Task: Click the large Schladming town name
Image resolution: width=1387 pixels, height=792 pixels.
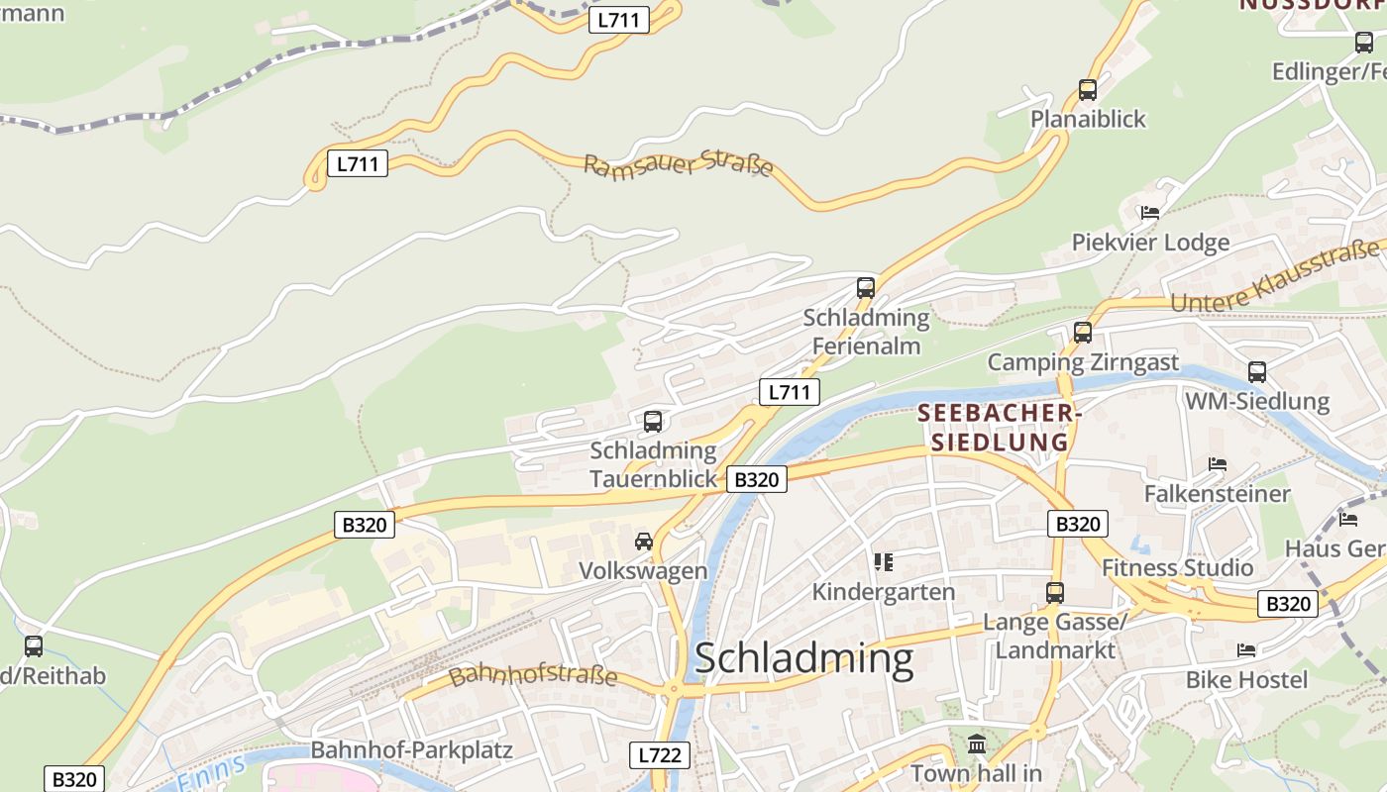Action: [x=803, y=659]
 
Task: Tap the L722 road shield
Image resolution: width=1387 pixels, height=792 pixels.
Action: [x=660, y=755]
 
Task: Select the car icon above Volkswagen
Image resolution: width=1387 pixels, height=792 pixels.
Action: [x=644, y=542]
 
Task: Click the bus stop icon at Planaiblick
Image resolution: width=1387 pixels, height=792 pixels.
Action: [x=1088, y=90]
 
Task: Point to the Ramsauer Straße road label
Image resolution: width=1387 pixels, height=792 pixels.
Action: [x=679, y=164]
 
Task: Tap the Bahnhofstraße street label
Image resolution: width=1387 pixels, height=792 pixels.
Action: [x=533, y=677]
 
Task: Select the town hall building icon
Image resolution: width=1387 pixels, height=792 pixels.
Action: [x=978, y=742]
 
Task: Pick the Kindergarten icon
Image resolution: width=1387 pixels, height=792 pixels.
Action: [x=884, y=562]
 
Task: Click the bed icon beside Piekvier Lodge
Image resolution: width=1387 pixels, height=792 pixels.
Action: [x=1150, y=213]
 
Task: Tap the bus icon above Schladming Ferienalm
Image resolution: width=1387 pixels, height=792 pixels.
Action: [x=866, y=288]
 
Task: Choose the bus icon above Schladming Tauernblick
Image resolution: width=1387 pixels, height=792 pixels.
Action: [x=653, y=422]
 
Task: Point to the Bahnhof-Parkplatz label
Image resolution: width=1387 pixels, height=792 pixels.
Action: [x=412, y=749]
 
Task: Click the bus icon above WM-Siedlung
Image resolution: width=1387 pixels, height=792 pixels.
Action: [x=1257, y=372]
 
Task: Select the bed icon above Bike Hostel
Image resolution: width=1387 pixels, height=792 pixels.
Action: [x=1246, y=650]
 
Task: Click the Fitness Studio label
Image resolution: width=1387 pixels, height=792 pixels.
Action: [x=1178, y=567]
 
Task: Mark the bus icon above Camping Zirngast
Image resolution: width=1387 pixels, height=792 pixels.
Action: [x=1083, y=333]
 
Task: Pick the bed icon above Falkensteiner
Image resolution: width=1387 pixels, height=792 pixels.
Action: [x=1218, y=464]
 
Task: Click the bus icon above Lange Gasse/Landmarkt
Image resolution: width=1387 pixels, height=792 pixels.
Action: [x=1055, y=593]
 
